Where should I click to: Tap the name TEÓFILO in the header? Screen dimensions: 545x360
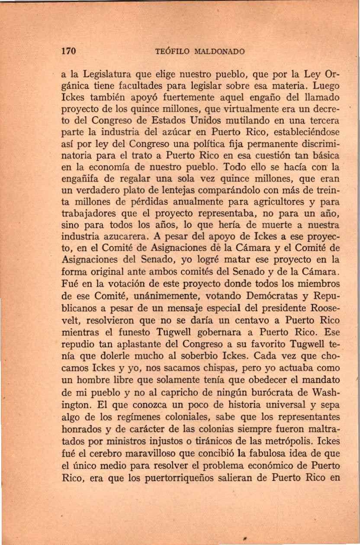170,52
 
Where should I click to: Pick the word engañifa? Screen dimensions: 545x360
77,178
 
